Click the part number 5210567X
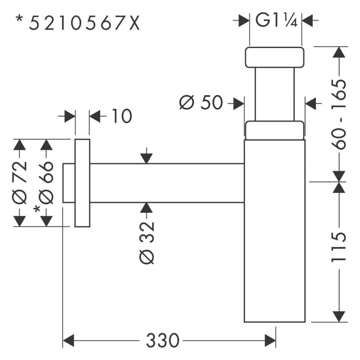[x=84, y=23]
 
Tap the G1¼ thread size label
[x=275, y=21]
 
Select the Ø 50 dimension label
[x=201, y=103]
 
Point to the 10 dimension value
[x=121, y=116]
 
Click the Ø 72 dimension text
[x=20, y=182]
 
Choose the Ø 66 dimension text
[x=46, y=182]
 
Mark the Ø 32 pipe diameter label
[x=147, y=242]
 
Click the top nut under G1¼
[x=274, y=57]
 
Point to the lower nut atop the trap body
[x=274, y=130]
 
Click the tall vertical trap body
[x=274, y=231]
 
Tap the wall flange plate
[x=82, y=183]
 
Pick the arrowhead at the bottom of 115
[x=338, y=316]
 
